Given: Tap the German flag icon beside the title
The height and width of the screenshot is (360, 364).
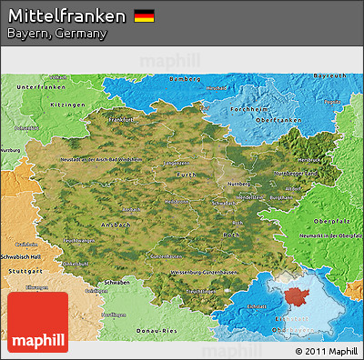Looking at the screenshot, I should click(144, 15).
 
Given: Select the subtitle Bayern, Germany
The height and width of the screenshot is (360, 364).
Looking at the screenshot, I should click(56, 34).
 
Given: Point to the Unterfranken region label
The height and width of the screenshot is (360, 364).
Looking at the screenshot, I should click(43, 86).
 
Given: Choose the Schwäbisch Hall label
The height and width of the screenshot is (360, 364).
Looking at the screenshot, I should click(25, 257).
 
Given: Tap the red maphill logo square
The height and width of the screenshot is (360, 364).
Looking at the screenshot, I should click(37, 322).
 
